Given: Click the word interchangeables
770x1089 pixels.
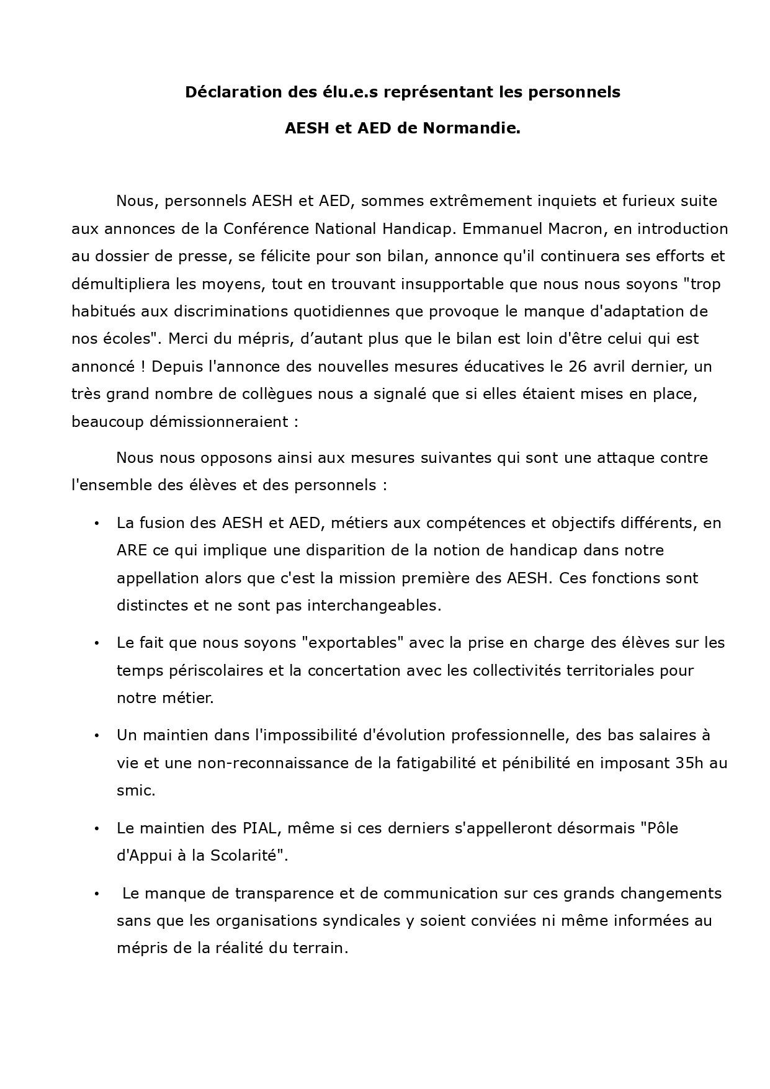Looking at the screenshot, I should click(374, 606).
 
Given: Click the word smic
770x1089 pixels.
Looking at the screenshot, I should click(135, 791).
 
